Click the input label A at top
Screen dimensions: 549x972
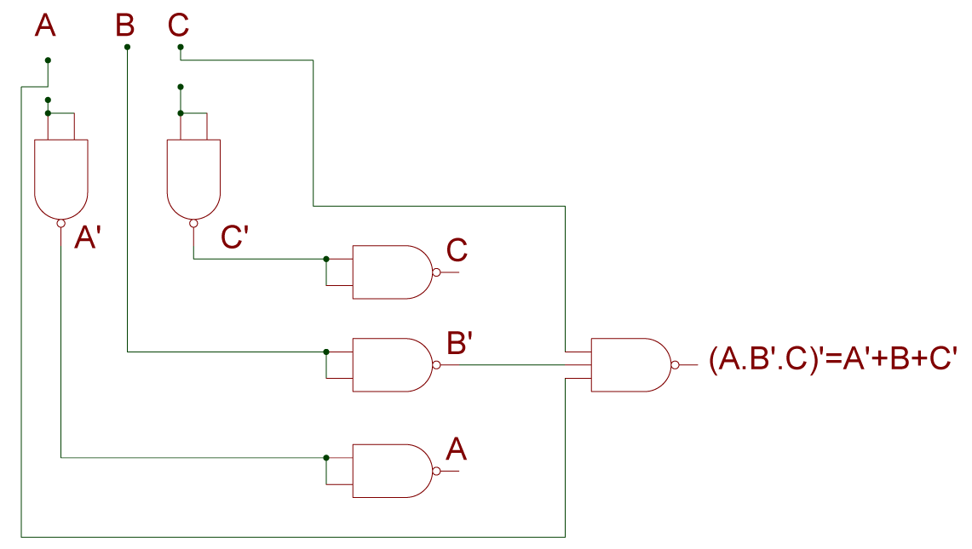coord(45,26)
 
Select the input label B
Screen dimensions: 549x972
coord(125,26)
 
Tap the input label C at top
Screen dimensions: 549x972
coord(178,26)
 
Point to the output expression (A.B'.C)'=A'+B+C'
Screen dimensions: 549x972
coord(833,361)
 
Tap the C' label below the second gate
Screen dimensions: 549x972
coord(234,237)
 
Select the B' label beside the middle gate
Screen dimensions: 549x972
coord(460,343)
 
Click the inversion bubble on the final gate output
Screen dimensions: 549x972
coord(675,365)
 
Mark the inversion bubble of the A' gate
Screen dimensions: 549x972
coord(60,224)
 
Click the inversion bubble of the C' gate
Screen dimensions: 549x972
coord(193,224)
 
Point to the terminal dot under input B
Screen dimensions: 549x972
coord(127,47)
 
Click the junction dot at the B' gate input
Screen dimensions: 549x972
coord(326,352)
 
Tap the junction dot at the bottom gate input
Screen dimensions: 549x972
coord(326,458)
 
